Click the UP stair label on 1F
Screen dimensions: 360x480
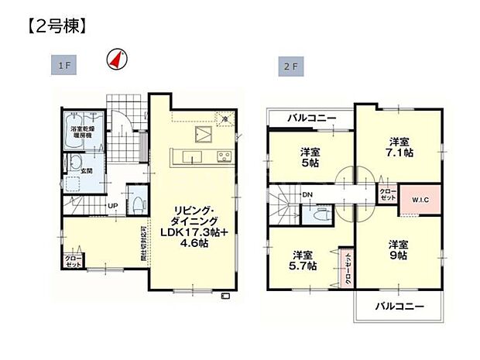(113, 205)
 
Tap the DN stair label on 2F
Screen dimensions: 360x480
(307, 194)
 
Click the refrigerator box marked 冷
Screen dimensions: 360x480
(224, 119)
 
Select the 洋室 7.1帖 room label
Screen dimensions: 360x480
(398, 147)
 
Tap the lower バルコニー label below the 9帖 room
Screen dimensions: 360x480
(399, 307)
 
